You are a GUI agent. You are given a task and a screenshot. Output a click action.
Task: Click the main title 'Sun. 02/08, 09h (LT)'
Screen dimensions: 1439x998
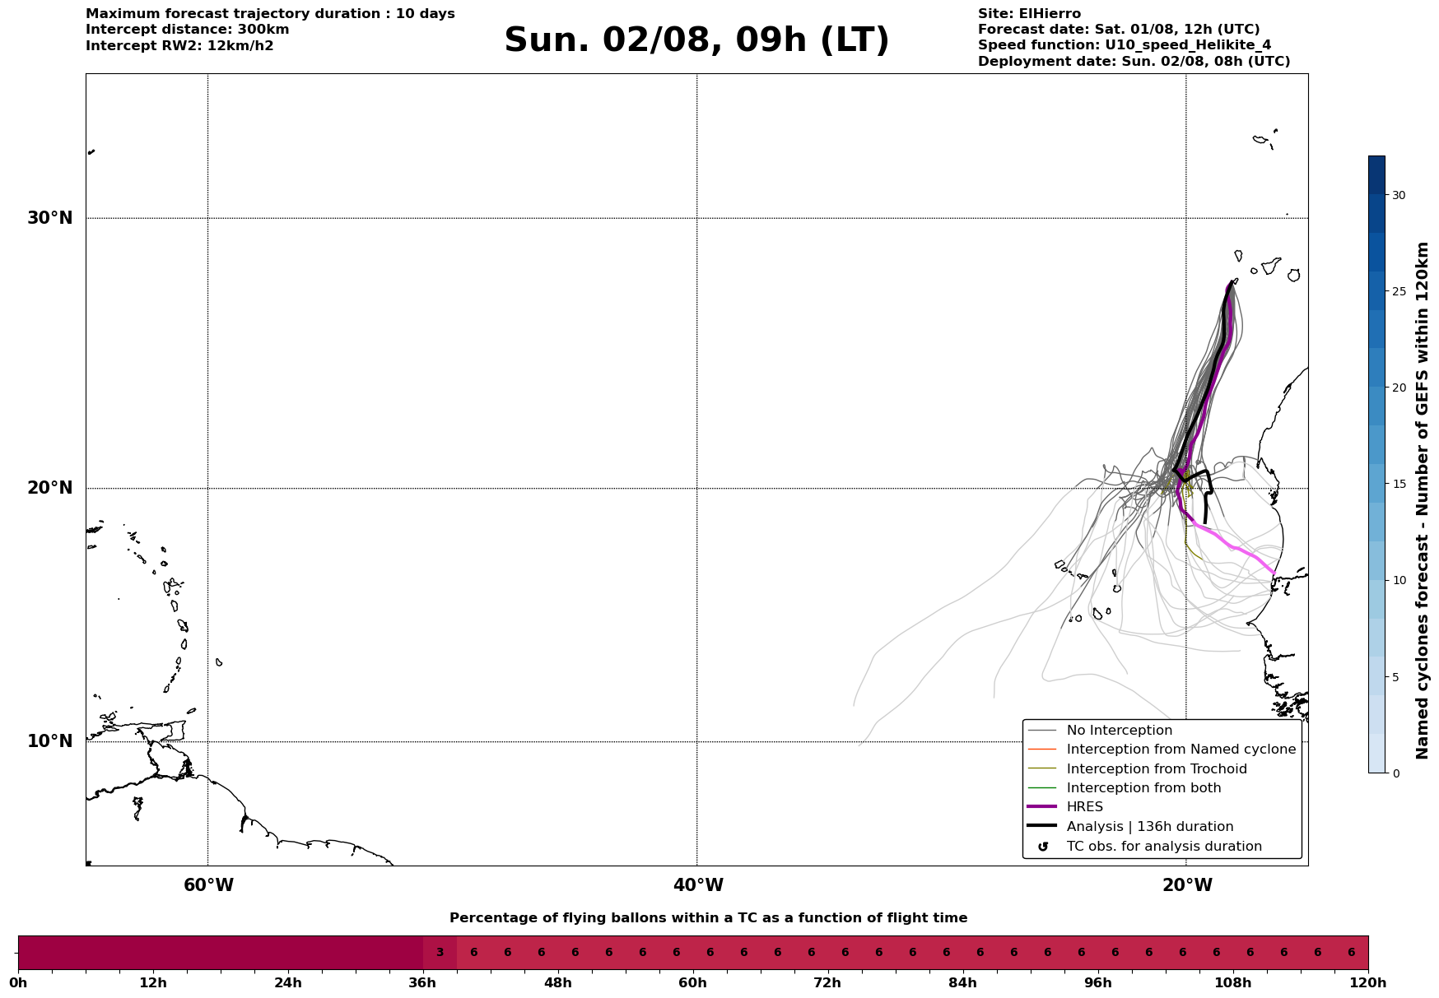pyautogui.click(x=696, y=40)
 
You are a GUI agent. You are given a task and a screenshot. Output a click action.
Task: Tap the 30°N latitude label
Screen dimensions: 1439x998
pyautogui.click(x=49, y=218)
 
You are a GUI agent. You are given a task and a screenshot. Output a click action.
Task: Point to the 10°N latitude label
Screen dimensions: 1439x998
pyautogui.click(x=49, y=741)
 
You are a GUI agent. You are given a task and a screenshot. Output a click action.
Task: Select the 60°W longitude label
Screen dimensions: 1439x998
pyautogui.click(x=208, y=885)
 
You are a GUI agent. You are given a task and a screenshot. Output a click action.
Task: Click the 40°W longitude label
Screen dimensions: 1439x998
pyautogui.click(x=698, y=885)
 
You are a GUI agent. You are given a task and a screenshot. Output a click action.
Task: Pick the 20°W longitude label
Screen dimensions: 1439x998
pyautogui.click(x=1187, y=885)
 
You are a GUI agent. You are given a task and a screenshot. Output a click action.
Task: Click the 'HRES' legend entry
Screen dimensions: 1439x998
pyautogui.click(x=1084, y=807)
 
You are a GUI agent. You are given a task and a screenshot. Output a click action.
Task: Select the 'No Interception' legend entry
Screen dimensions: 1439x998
pyautogui.click(x=1120, y=731)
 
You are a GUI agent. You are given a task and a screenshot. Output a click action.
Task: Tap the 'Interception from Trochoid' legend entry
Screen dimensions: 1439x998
pyautogui.click(x=1157, y=769)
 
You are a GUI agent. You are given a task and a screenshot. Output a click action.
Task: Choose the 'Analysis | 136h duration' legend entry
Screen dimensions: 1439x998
pyautogui.click(x=1150, y=827)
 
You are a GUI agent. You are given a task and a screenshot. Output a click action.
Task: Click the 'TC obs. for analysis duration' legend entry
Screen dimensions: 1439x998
pyautogui.click(x=1164, y=847)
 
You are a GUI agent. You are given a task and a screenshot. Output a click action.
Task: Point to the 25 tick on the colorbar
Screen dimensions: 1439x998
pyautogui.click(x=1399, y=291)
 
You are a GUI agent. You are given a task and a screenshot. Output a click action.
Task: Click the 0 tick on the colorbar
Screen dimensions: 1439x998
pyautogui.click(x=1395, y=773)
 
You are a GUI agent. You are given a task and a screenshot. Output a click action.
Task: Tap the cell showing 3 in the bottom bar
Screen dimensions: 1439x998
pyautogui.click(x=440, y=953)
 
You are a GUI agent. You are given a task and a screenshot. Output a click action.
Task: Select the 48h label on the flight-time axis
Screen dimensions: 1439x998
pyautogui.click(x=557, y=982)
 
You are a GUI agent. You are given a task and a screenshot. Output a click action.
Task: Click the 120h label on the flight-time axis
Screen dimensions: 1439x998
pyautogui.click(x=1368, y=982)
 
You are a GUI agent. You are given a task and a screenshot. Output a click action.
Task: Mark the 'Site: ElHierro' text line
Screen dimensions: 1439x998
pyautogui.click(x=1029, y=14)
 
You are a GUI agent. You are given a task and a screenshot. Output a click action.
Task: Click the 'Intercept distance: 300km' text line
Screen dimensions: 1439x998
pyautogui.click(x=188, y=30)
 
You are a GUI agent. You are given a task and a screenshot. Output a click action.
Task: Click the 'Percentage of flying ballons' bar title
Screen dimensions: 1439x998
pyautogui.click(x=708, y=918)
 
